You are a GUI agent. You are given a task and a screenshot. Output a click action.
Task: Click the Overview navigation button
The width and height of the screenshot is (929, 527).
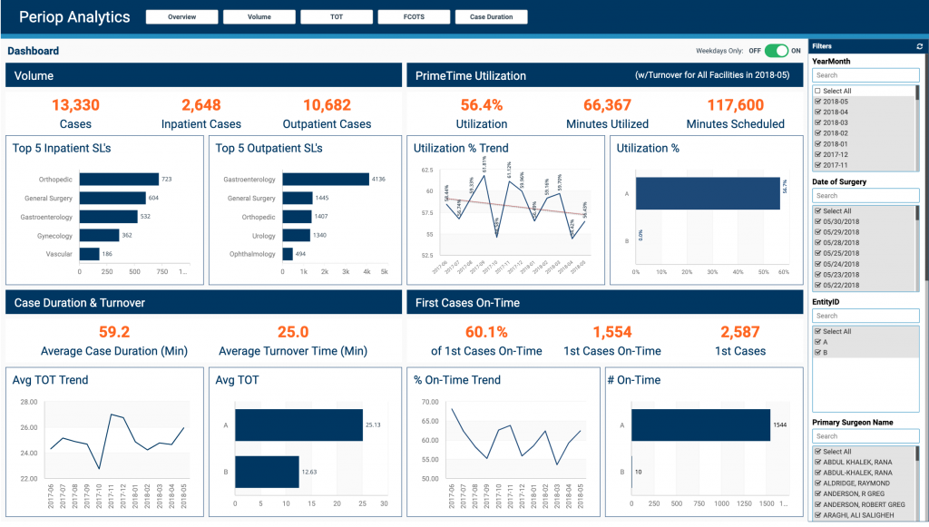coord(181,16)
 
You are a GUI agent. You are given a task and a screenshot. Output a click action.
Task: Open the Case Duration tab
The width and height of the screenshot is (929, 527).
coord(491,16)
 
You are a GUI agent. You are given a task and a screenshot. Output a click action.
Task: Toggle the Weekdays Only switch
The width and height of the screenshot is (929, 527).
coord(776,51)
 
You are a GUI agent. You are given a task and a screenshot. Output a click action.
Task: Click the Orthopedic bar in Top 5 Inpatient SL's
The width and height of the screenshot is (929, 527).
coord(119,180)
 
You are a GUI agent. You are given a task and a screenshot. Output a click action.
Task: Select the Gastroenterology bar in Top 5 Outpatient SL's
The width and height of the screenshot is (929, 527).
coord(326,180)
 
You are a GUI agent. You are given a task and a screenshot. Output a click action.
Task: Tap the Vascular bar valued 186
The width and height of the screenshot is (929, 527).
coord(90,254)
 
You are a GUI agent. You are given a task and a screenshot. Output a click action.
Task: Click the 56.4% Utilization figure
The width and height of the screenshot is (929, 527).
coord(482,105)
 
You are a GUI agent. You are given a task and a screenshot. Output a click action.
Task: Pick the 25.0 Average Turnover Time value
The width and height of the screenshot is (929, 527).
coord(293,332)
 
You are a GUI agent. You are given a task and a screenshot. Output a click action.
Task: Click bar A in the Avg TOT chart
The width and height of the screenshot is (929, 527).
coord(298,425)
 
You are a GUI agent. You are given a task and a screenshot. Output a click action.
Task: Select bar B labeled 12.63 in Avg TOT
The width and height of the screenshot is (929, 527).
coord(267,472)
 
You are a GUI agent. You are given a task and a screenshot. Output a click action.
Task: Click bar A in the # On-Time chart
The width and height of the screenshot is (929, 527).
coord(700,425)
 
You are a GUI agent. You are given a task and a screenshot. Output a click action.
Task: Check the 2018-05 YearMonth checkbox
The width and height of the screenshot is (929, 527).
coord(818,102)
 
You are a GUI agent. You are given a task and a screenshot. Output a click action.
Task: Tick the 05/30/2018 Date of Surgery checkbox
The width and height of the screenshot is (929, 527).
coord(818,221)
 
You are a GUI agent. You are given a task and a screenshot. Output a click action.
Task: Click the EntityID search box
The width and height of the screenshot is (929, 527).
coord(865,316)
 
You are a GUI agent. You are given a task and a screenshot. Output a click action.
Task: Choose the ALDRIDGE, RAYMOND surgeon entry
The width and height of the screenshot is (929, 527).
coord(818,484)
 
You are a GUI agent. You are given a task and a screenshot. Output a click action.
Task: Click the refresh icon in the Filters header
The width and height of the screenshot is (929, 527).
coord(920,45)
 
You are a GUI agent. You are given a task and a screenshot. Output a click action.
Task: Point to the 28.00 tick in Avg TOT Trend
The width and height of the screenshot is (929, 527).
coord(27,402)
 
